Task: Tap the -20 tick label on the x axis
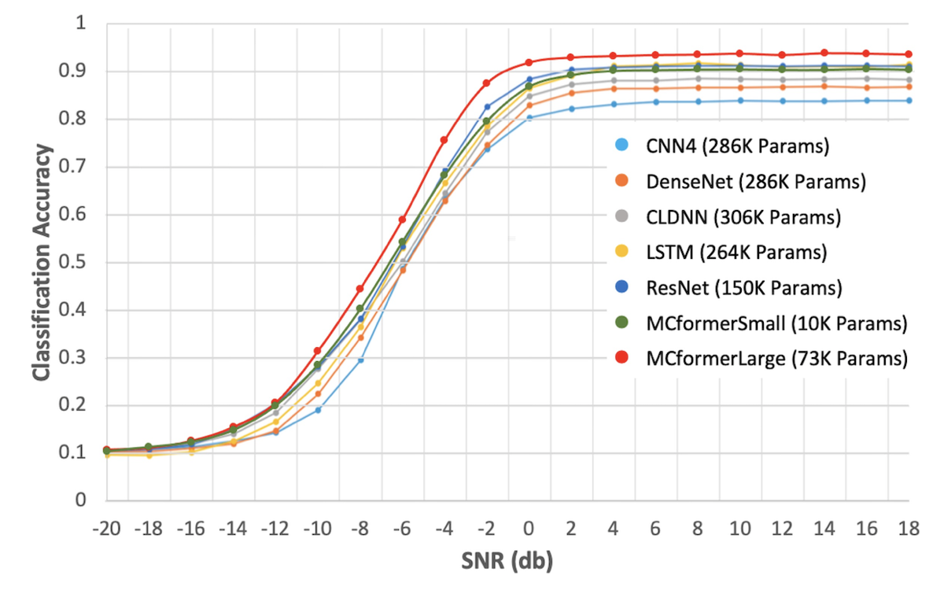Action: (x=106, y=526)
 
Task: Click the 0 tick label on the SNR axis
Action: (x=529, y=526)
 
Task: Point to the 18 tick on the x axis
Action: (x=909, y=526)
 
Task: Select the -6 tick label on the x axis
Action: (x=402, y=526)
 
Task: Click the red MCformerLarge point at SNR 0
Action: (x=529, y=62)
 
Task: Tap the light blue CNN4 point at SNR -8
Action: (x=360, y=360)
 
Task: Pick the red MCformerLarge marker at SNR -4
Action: (x=444, y=140)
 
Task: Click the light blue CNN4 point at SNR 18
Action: (x=909, y=101)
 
